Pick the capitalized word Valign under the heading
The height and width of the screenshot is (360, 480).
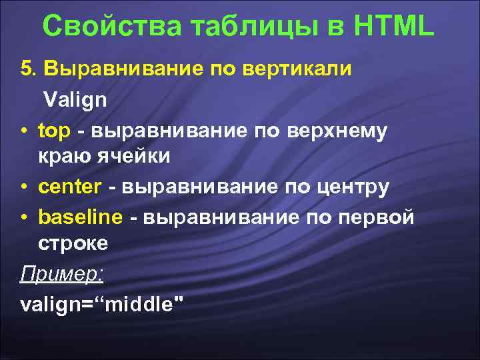pyautogui.click(x=75, y=100)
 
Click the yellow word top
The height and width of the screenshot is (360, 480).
pyautogui.click(x=54, y=130)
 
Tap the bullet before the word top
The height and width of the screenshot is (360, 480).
pyautogui.click(x=25, y=131)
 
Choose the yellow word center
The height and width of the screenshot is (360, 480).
pyautogui.click(x=70, y=187)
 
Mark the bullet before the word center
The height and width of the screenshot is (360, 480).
pyautogui.click(x=25, y=188)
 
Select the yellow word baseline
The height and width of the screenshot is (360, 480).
pyautogui.click(x=81, y=217)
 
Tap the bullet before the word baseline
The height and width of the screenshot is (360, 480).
pyautogui.click(x=25, y=217)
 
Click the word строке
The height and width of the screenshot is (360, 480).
pyautogui.click(x=73, y=245)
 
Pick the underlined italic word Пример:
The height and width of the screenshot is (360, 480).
pyautogui.click(x=61, y=274)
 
